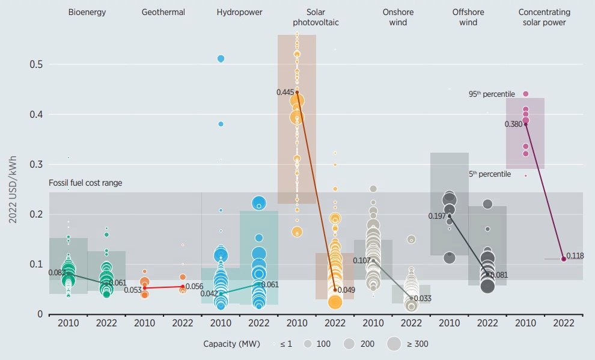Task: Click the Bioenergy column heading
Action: [x=87, y=12]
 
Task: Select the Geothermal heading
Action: [x=163, y=12]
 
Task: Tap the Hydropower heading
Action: [x=239, y=12]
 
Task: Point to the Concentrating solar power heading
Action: [x=544, y=17]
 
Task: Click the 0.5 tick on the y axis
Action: [x=36, y=64]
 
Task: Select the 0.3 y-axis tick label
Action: [x=36, y=164]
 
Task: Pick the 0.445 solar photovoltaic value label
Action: [x=285, y=92]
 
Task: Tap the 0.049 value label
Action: [x=347, y=290]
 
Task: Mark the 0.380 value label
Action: [x=514, y=124]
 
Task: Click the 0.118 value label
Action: [x=575, y=256]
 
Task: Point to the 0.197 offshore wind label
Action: [x=438, y=215]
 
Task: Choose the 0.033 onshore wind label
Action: [x=423, y=298]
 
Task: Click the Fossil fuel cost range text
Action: [x=85, y=183]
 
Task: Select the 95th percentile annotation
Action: [x=492, y=94]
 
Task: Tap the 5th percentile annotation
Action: [x=490, y=174]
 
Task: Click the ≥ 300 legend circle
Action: [x=394, y=344]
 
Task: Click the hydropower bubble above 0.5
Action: [x=221, y=58]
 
